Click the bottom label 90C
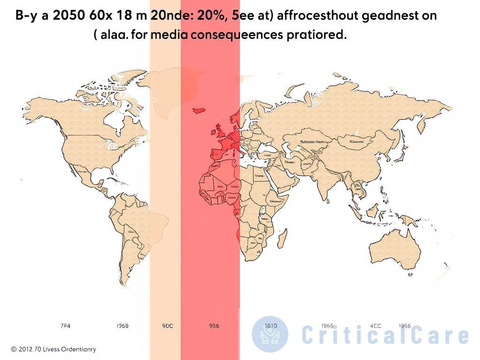point(167,325)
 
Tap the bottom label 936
point(213,325)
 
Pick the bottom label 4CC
point(375,325)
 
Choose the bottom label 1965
point(328,325)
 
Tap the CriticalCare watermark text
point(384,336)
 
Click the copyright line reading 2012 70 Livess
point(53,349)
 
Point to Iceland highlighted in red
point(199,110)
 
